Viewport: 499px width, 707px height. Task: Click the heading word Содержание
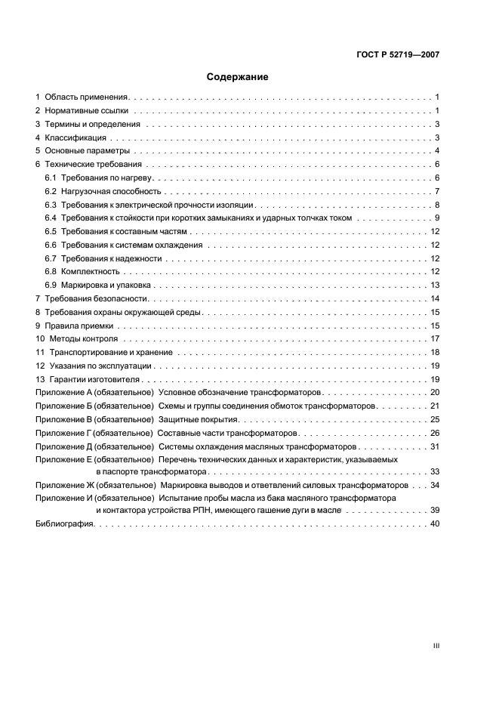[x=238, y=76]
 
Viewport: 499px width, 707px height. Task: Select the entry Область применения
[x=87, y=97]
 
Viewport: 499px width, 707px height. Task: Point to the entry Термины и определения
[x=92, y=124]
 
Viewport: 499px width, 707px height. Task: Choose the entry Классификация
[x=75, y=137]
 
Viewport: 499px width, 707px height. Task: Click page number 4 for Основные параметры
[x=437, y=150]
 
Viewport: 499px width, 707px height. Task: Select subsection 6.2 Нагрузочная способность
[x=111, y=191]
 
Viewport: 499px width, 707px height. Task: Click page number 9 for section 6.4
[x=437, y=218]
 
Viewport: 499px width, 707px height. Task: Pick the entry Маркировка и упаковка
[x=106, y=286]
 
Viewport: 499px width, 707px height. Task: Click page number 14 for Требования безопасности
[x=435, y=299]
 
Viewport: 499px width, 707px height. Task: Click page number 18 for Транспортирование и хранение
[x=435, y=353]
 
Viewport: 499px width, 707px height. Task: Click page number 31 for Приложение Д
[x=435, y=446]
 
